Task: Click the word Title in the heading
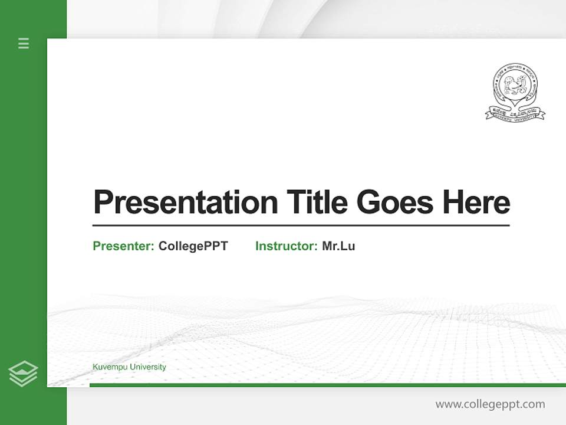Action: tap(317, 202)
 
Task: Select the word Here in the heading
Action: tap(476, 202)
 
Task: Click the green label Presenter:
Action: tap(124, 246)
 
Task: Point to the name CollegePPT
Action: tap(193, 246)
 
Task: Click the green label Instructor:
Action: tap(287, 246)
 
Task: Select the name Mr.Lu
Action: tap(338, 246)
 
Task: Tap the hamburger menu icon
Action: tap(24, 43)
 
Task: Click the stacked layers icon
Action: tap(23, 374)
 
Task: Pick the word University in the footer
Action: tap(148, 367)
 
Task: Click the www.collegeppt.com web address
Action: tap(490, 404)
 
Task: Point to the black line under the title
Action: tap(301, 225)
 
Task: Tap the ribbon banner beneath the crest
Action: tap(515, 114)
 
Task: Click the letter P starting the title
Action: tap(103, 202)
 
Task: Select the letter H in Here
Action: tap(452, 202)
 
